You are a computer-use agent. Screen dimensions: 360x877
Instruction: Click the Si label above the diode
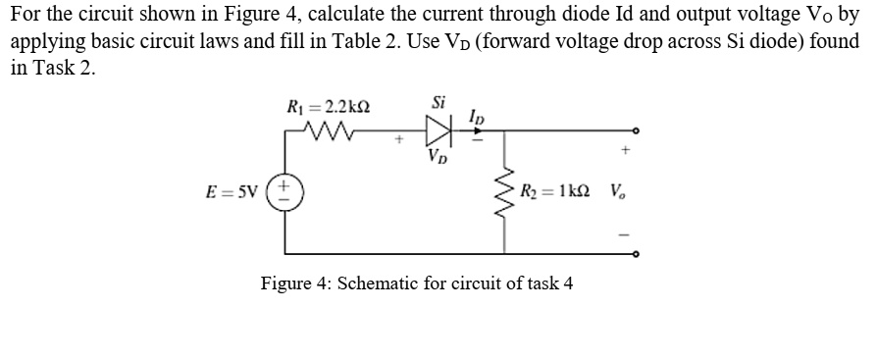(x=438, y=101)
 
